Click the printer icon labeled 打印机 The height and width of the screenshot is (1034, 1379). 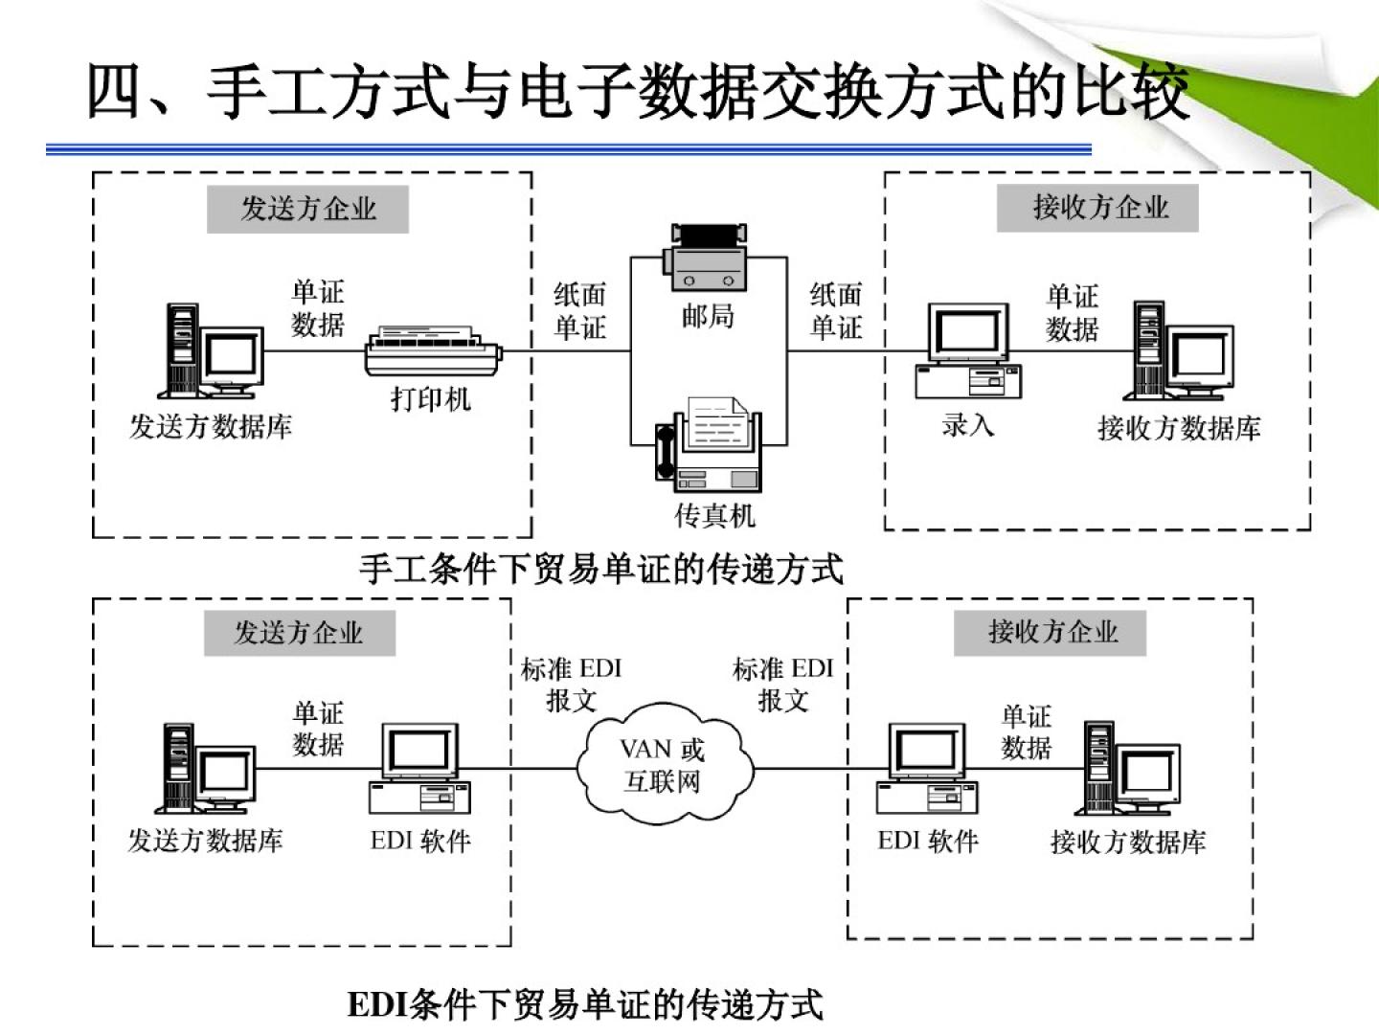point(433,351)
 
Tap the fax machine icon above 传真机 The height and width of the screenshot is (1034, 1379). point(710,443)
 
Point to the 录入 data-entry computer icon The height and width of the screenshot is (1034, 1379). point(967,351)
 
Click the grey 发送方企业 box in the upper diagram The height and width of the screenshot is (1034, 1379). point(307,209)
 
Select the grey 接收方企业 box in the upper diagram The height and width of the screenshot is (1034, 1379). point(1097,208)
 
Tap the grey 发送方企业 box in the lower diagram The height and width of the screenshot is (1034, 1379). point(299,633)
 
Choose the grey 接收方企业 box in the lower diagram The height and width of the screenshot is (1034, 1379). point(1050,632)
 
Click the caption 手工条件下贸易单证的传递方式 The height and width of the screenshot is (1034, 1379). point(601,569)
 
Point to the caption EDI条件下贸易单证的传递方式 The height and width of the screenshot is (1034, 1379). point(584,1004)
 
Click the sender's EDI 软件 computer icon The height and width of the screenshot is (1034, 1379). point(420,770)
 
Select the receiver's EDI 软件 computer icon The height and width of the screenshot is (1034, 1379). point(927,770)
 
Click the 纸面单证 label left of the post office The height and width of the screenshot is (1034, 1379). point(580,311)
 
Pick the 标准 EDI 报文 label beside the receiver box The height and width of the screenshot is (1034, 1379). point(783,684)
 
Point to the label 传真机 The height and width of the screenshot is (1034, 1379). point(714,516)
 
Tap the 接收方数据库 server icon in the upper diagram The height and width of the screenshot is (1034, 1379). point(1178,351)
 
